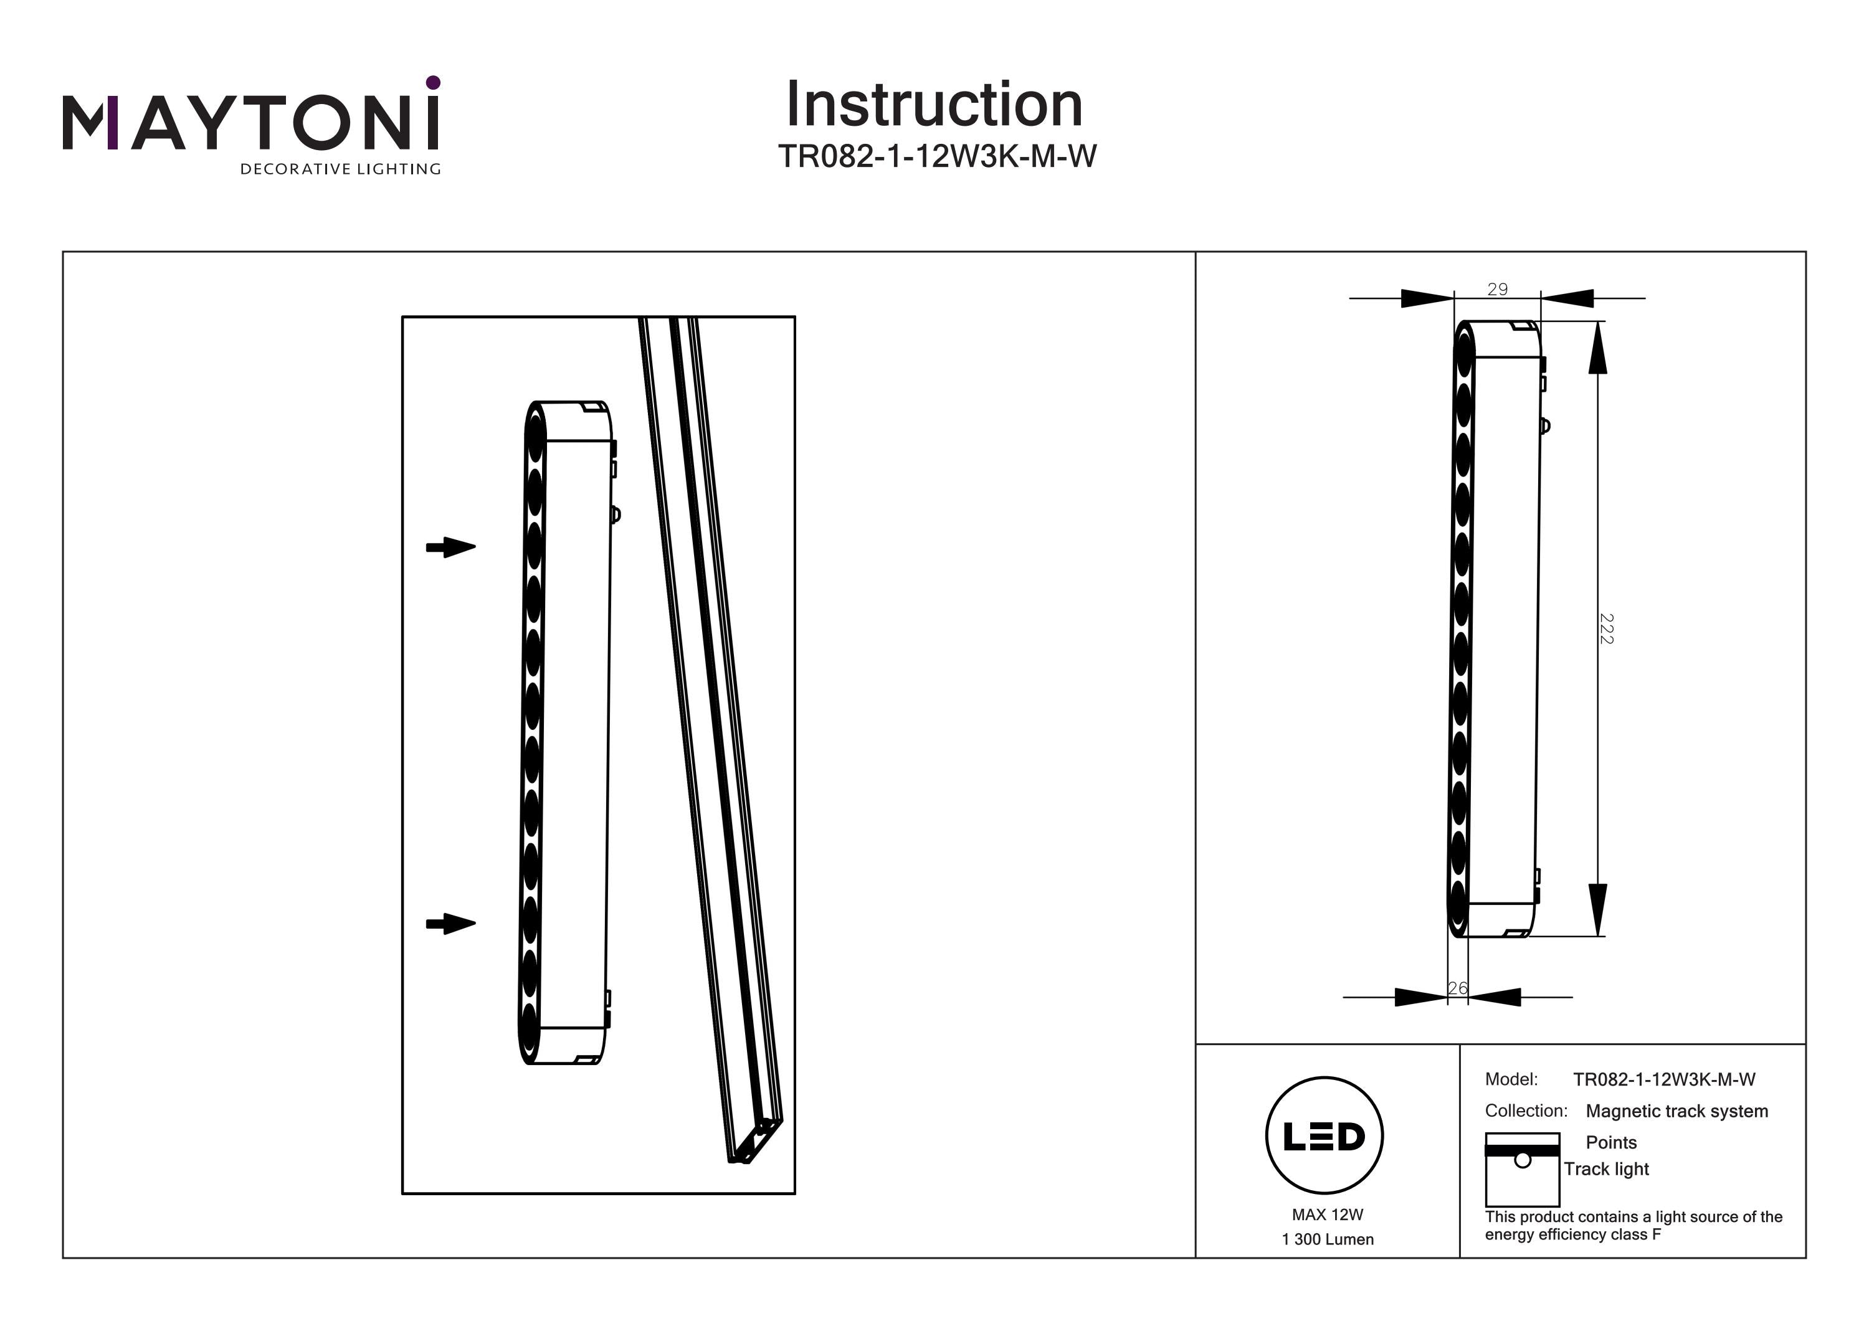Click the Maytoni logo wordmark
pos(250,122)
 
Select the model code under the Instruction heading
pos(937,156)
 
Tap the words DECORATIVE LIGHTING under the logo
pos(340,169)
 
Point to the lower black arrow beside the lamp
pos(451,924)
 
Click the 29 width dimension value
pos(1497,289)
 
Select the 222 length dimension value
pos(1606,628)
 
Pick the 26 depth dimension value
pos(1457,988)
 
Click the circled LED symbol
pos(1324,1136)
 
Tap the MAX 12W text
pos(1327,1214)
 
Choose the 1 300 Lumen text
pos(1327,1239)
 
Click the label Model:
pos(1511,1079)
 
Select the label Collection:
pos(1526,1110)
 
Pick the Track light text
pos(1606,1169)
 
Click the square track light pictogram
pos(1522,1170)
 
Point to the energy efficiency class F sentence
pos(1633,1225)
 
